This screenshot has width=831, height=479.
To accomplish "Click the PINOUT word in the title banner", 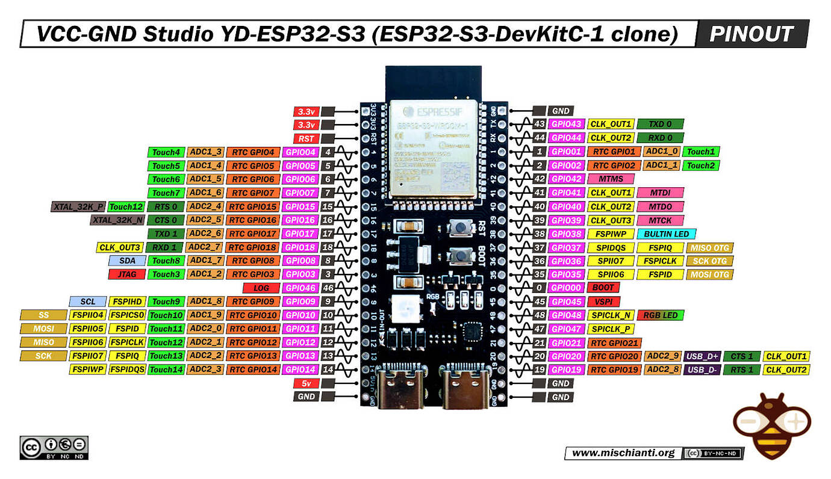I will (x=751, y=34).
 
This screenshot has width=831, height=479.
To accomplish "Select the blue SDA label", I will (x=127, y=261).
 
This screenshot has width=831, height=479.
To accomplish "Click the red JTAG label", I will (x=127, y=274).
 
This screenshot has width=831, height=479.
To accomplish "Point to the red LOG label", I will (x=261, y=288).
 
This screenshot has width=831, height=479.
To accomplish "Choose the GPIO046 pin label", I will (x=300, y=288).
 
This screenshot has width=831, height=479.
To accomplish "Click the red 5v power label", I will (x=306, y=383).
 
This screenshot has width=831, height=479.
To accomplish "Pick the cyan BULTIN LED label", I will (x=666, y=233).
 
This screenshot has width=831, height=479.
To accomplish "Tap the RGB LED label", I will (x=660, y=315).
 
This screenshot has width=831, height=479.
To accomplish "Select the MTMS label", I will (x=611, y=179).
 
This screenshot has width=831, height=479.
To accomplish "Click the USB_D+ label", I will (x=702, y=356).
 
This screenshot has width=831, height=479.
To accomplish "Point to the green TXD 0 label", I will (x=660, y=124).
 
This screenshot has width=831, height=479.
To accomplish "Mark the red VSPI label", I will (x=603, y=301).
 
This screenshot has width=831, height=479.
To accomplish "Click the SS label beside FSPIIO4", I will (x=43, y=315).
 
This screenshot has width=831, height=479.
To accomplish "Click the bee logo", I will (x=772, y=425).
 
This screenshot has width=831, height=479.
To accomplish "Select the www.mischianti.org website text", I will (x=623, y=453).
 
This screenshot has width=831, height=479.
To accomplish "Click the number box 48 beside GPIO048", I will (x=540, y=315).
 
